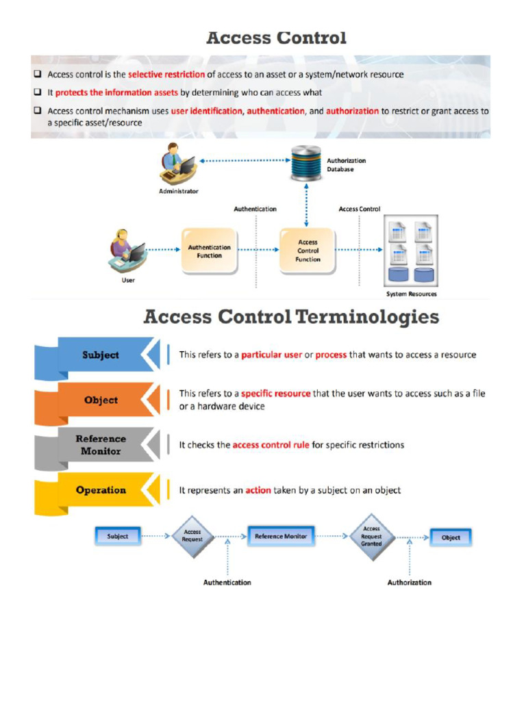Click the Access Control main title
276,38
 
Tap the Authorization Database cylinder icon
306,162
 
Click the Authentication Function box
209,251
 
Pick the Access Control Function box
308,251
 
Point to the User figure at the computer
127,252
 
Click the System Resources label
411,294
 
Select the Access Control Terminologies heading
291,318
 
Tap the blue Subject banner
100,355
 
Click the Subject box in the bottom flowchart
118,536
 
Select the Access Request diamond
192,536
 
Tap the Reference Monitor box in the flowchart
281,536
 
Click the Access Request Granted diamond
372,536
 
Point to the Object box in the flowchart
451,537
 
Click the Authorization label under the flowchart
410,583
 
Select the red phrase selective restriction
166,75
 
